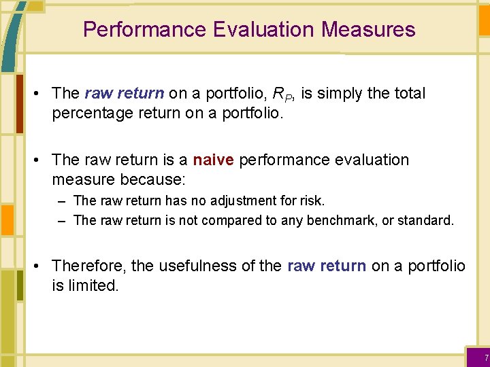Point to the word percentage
pos(93,112)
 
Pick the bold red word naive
pos(213,160)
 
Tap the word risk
pos(312,200)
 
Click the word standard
pos(427,220)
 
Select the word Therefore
pos(88,266)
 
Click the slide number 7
pos(486,358)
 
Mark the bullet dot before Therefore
pos(42,266)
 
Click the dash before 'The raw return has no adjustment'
pos(62,200)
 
